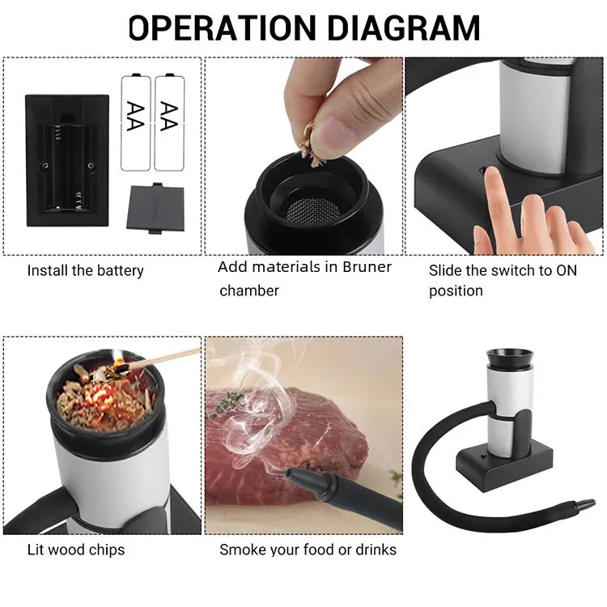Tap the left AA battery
tap(135, 122)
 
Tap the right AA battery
tap(168, 122)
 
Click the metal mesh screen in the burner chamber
tap(313, 208)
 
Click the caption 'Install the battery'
tap(85, 270)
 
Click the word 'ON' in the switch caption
tap(567, 270)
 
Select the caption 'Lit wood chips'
tap(75, 550)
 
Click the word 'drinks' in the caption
tap(375, 550)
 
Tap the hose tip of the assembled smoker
tap(585, 505)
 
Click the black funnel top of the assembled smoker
tap(509, 358)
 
